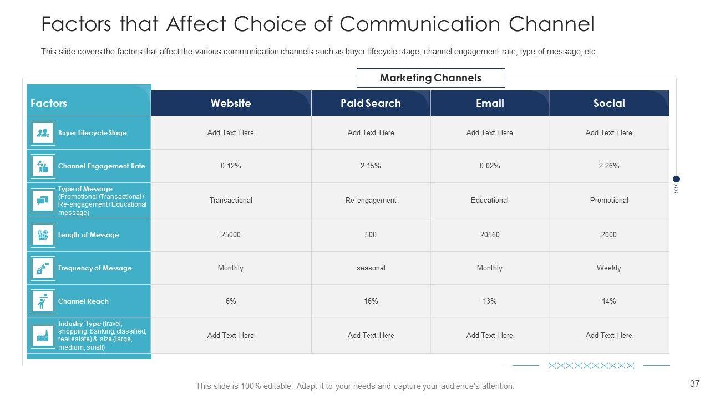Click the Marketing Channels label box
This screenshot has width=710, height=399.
[x=430, y=78]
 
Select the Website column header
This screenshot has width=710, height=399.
[x=231, y=103]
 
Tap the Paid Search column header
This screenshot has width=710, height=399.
[x=371, y=103]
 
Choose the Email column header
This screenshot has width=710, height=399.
[x=490, y=103]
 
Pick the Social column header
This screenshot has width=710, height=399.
[x=609, y=103]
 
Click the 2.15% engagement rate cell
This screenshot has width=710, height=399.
[x=371, y=166]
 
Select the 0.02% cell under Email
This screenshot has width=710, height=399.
[x=490, y=166]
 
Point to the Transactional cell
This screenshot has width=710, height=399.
[x=231, y=200]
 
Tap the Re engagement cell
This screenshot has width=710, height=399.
[x=371, y=200]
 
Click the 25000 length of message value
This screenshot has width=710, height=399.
[x=231, y=234]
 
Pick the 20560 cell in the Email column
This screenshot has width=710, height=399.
[x=490, y=234]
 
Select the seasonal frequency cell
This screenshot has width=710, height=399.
[x=371, y=268]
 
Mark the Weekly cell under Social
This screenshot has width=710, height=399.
[x=609, y=268]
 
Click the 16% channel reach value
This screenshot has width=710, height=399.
[x=371, y=301]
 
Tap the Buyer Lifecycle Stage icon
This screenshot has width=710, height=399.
[x=43, y=133]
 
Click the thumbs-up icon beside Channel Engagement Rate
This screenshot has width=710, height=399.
[x=43, y=166]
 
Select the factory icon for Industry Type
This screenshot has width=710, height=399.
[x=43, y=335]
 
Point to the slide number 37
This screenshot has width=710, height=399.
[x=694, y=383]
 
